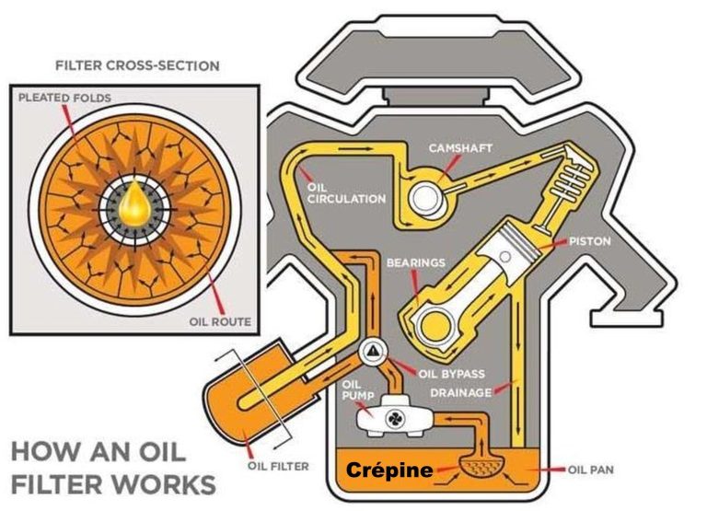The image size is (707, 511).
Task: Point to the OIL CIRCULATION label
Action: (x=333, y=192)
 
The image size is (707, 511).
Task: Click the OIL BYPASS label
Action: (x=451, y=374)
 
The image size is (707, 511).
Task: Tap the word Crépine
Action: (x=389, y=470)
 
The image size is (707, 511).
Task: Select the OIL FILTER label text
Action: (x=277, y=465)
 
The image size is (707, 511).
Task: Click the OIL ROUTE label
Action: (x=220, y=321)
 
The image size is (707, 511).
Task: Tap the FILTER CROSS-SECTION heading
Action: (x=137, y=66)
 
